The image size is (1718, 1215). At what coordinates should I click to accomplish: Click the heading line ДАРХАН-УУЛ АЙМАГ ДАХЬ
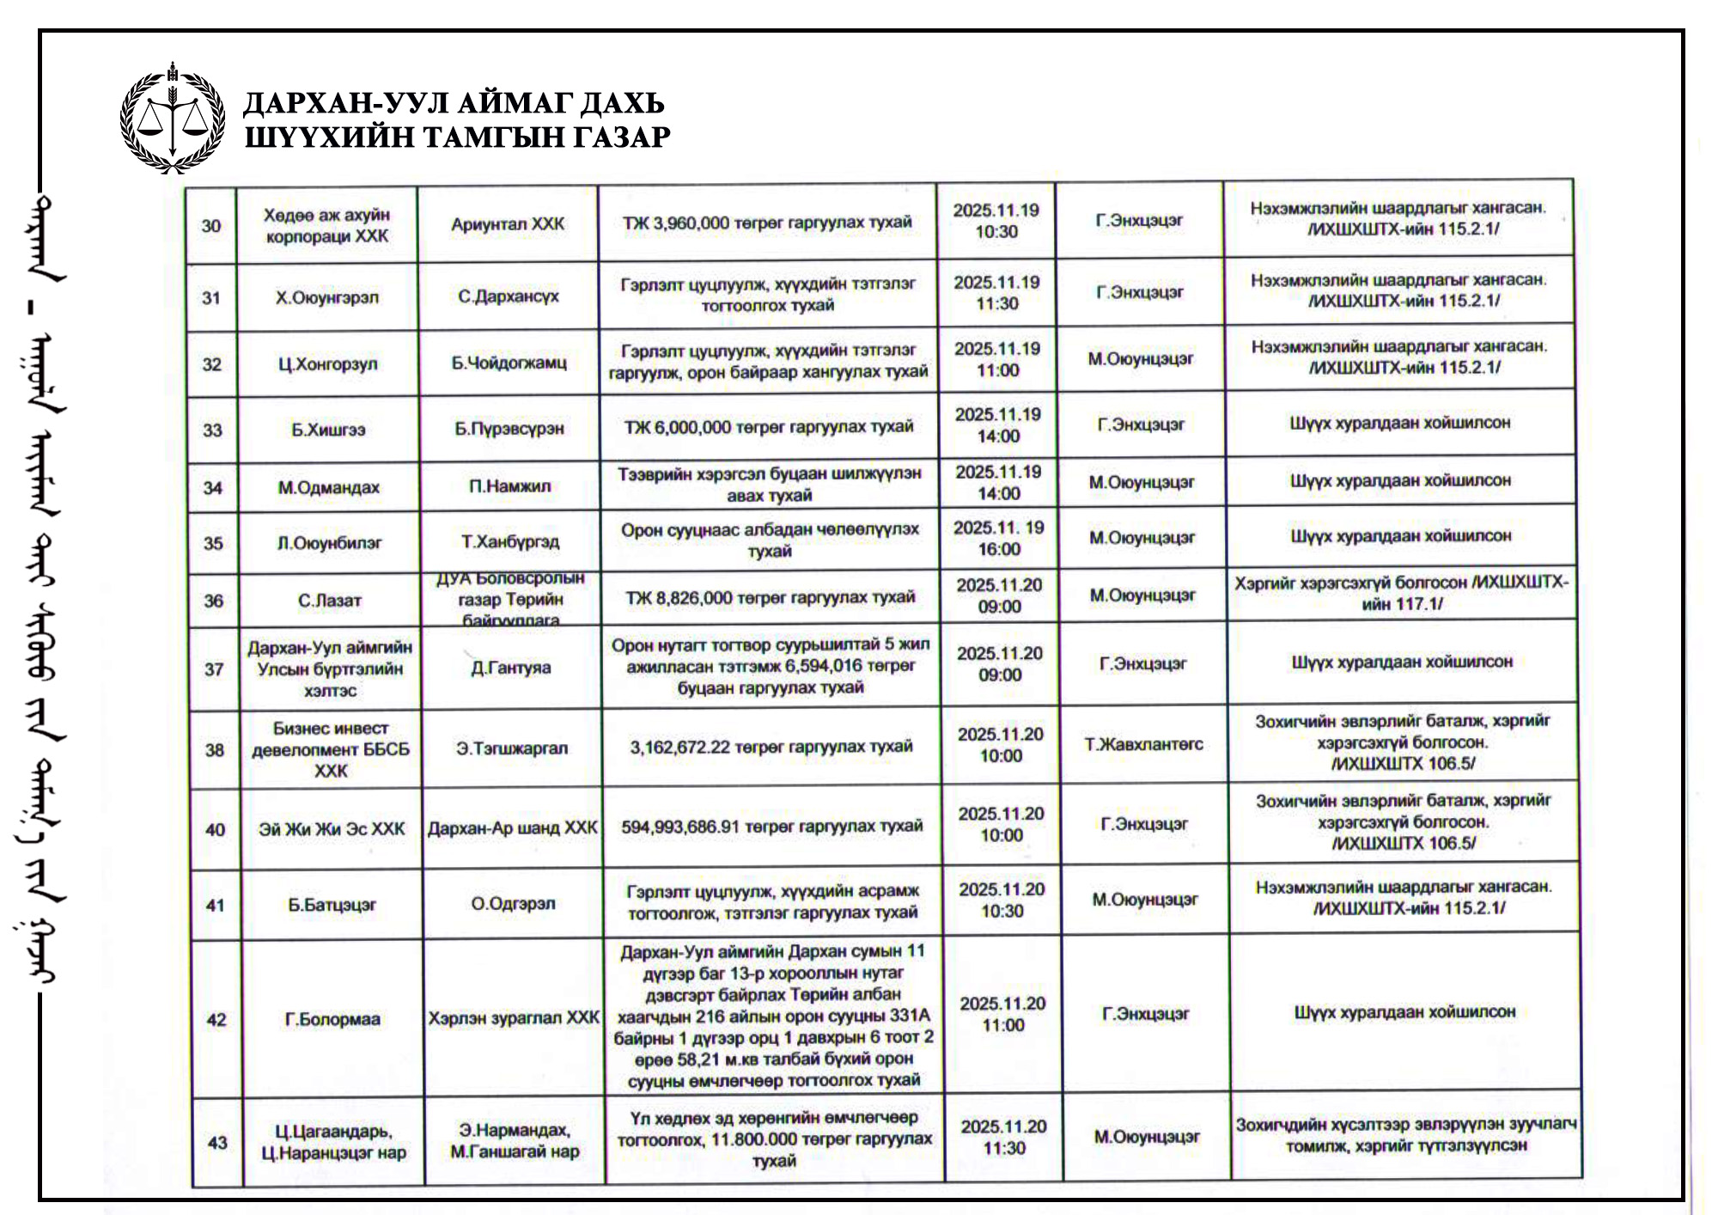454,103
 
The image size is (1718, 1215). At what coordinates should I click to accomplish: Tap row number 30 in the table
211,226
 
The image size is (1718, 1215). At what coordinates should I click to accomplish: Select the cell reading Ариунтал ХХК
508,224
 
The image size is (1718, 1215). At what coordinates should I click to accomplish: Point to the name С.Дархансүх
509,296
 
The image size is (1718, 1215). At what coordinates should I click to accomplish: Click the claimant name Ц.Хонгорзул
327,364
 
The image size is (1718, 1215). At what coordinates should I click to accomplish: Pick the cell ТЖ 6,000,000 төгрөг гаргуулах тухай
768,427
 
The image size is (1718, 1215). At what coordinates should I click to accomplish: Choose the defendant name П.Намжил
510,486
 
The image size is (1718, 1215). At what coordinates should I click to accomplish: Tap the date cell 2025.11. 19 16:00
998,539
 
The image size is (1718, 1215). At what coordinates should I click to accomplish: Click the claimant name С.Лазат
330,601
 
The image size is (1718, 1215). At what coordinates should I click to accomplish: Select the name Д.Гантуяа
511,668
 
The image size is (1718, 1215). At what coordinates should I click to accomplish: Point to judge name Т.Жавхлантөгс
1144,744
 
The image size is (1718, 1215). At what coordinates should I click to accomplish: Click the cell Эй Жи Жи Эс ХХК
332,829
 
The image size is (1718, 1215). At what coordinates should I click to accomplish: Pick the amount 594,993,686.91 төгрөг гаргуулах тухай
771,827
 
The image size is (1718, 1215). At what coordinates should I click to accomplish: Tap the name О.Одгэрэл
513,904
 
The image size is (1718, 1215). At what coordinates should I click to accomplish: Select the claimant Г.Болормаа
332,1020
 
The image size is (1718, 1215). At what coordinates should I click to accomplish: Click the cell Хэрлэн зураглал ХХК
514,1018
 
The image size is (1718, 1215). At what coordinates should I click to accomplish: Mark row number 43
217,1143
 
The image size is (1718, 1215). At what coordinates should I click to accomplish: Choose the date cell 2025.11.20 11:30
1003,1137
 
